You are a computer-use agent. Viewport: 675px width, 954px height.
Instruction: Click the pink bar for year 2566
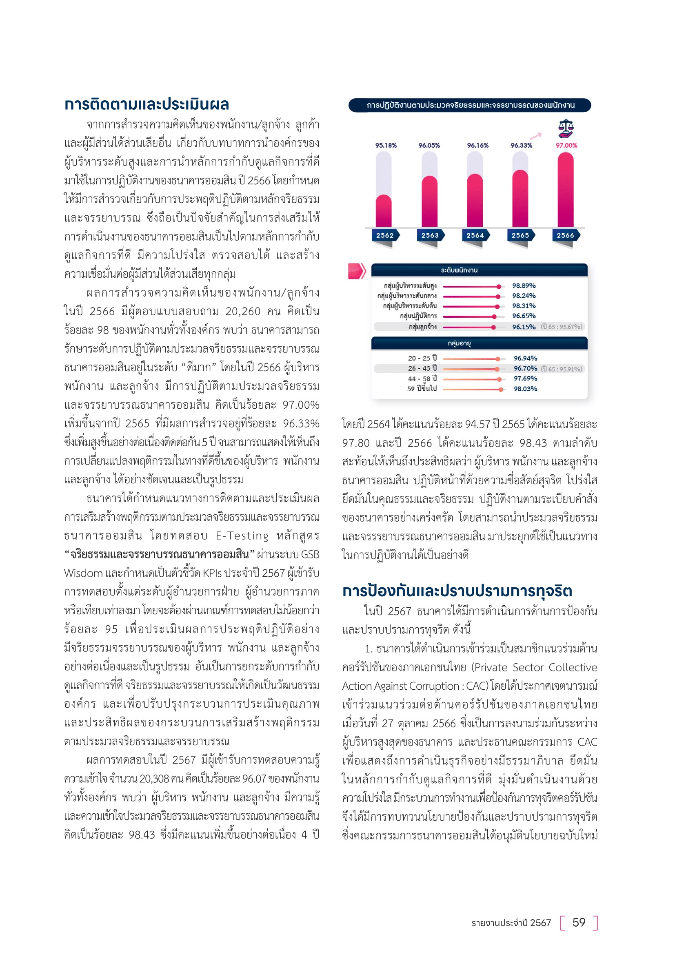point(565,190)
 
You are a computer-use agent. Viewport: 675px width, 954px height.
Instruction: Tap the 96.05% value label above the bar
point(429,146)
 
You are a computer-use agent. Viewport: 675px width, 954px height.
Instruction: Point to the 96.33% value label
point(521,146)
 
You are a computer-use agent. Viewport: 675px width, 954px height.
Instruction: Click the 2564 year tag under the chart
point(475,235)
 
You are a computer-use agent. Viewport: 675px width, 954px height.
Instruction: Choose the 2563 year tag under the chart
point(430,235)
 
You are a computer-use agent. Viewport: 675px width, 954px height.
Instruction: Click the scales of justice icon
point(565,128)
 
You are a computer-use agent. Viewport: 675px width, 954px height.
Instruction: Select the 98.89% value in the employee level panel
point(524,286)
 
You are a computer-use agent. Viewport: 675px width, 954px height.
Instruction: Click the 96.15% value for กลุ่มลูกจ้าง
point(524,327)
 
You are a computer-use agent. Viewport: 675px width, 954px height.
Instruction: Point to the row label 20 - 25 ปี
point(422,358)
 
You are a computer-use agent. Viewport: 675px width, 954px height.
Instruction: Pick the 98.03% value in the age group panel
point(525,389)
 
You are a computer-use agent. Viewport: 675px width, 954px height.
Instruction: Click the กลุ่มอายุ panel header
point(459,343)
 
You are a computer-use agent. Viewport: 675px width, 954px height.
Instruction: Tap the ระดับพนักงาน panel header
point(459,270)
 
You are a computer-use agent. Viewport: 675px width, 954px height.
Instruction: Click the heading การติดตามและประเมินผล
point(147,104)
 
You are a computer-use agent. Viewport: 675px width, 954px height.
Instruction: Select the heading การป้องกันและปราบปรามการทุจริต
point(457,591)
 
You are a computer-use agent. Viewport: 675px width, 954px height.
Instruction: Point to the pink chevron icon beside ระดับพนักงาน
point(357,271)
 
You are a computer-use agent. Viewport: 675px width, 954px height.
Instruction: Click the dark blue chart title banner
point(470,105)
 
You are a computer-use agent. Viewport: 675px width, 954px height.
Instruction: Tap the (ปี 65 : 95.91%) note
point(562,369)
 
